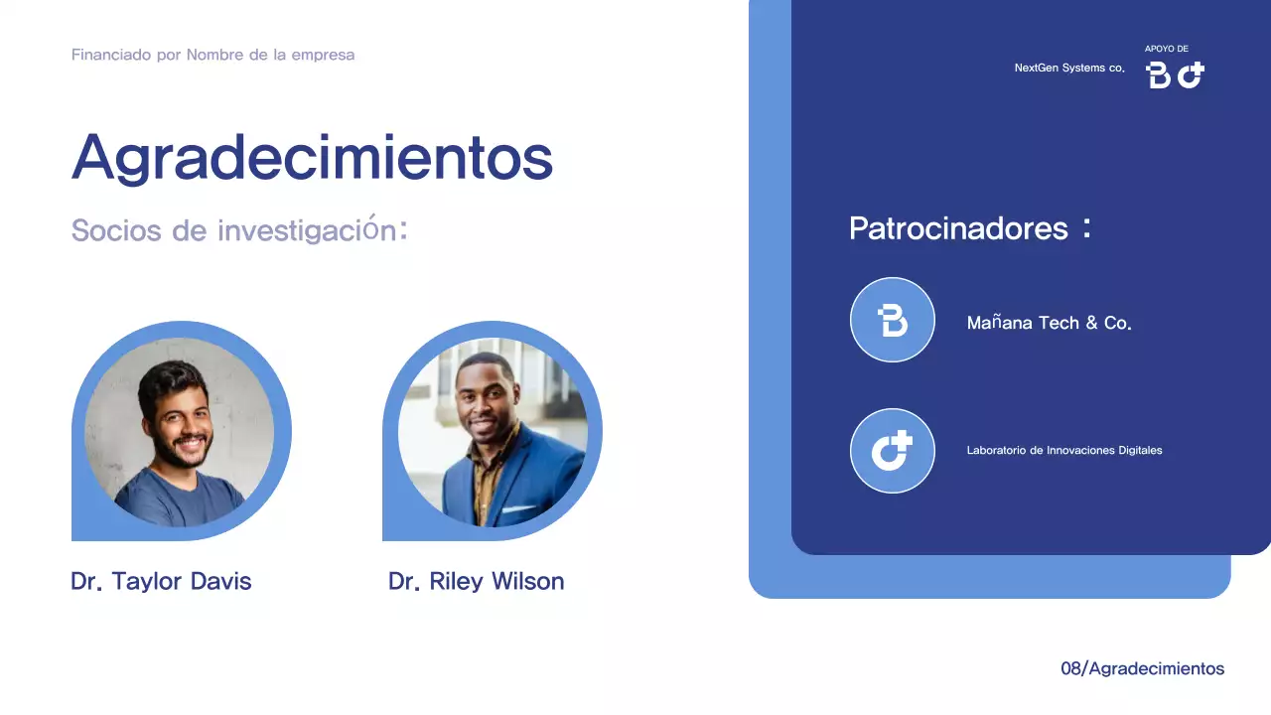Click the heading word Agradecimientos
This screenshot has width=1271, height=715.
point(312,157)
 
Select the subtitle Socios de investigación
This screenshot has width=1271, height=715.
point(239,230)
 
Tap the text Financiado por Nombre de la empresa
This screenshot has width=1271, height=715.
point(212,55)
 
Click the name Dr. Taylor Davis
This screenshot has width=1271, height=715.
point(161,581)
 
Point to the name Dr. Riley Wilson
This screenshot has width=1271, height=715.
point(476,581)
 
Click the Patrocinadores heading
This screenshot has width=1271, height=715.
point(958,228)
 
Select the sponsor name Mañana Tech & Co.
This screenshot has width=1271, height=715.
point(1049,323)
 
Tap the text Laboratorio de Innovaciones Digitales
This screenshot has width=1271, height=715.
point(1063,450)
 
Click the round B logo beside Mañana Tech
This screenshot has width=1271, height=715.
point(893,320)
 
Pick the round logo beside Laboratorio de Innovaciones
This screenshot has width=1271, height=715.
point(893,451)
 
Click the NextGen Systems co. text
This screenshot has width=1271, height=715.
point(1068,68)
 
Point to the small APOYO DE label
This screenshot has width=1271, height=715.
point(1166,49)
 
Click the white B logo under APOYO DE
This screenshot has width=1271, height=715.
point(1158,74)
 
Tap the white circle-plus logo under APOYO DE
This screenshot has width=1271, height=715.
point(1191,74)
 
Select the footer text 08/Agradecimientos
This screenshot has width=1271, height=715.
point(1142,668)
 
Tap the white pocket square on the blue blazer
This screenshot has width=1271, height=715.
point(518,509)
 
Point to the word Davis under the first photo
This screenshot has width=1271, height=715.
point(220,581)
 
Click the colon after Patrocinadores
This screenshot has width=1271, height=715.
point(1087,228)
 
